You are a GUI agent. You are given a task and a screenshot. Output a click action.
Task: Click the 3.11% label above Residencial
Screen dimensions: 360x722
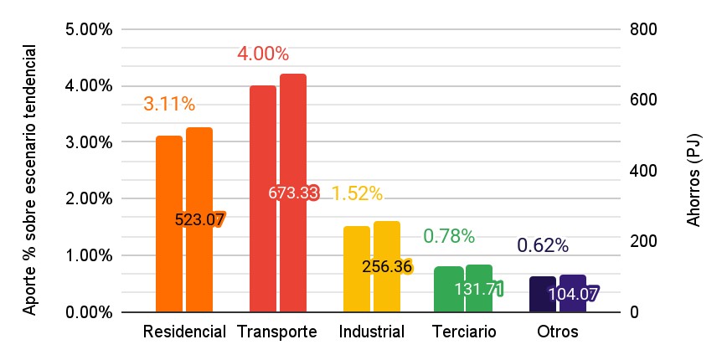point(169,105)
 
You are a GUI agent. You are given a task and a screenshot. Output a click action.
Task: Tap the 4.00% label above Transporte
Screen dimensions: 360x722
point(263,54)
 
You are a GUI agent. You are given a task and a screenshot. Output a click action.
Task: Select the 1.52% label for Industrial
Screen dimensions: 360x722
point(357,194)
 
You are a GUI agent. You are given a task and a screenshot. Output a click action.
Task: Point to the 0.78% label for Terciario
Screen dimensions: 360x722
point(449,237)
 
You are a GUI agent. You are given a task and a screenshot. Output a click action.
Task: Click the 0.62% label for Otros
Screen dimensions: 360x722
point(543,246)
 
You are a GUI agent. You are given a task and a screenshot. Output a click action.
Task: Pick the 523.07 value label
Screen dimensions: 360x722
point(199,220)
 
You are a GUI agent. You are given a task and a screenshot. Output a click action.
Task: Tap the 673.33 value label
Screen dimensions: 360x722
point(293,193)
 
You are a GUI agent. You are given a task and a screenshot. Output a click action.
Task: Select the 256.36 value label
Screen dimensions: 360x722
point(387,267)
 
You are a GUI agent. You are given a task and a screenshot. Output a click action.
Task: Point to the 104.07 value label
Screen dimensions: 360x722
point(572,294)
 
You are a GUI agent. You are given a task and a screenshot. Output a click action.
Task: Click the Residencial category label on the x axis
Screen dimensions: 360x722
point(185,332)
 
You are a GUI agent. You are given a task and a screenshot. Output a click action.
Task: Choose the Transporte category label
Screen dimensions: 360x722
point(277,332)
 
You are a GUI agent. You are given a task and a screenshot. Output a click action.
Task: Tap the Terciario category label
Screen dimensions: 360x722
point(464,332)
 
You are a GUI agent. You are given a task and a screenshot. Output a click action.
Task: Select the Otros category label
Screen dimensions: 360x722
point(558,332)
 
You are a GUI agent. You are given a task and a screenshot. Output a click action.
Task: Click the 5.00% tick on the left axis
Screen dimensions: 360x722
point(89,30)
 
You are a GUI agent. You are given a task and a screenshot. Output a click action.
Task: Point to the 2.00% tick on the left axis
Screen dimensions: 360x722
point(89,199)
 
